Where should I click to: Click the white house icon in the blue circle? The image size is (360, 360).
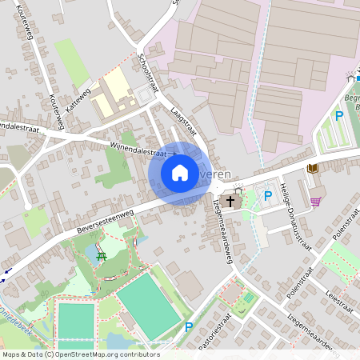[180, 173]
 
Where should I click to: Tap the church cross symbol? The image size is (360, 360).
[230, 201]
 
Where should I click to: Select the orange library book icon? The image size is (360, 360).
[312, 168]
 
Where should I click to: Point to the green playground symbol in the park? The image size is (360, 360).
[101, 256]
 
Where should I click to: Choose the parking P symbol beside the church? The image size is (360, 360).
[268, 194]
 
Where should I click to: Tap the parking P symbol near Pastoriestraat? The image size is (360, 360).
[189, 326]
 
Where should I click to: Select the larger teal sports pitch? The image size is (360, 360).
[148, 306]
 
